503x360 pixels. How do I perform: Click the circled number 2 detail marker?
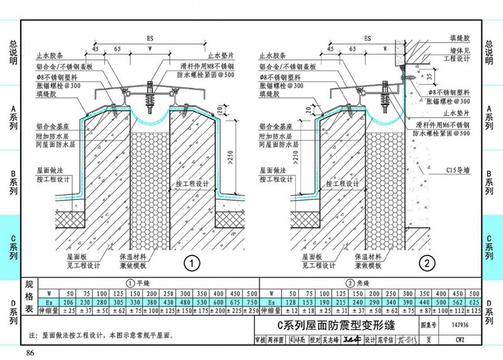pyautogui.click(x=428, y=262)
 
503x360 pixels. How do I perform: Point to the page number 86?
pyautogui.click(x=30, y=351)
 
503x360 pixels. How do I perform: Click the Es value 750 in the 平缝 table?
pyautogui.click(x=250, y=302)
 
